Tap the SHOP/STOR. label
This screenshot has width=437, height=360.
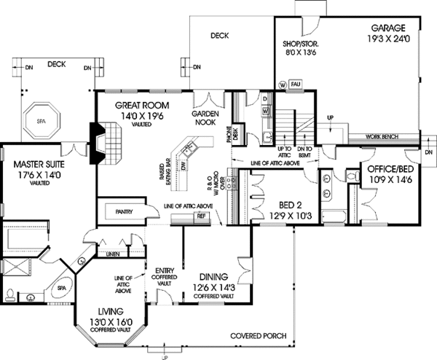[300, 44]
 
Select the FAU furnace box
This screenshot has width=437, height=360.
[295, 84]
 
